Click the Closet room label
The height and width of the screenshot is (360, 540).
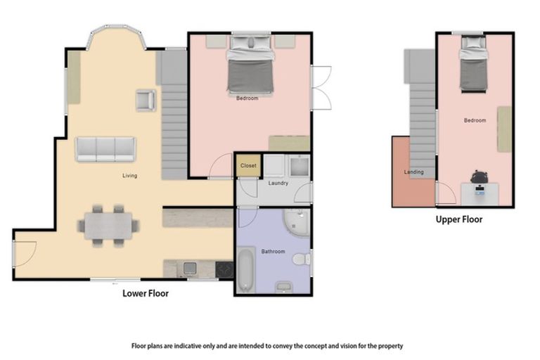[x=248, y=167]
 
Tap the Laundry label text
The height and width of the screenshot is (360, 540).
[x=278, y=184]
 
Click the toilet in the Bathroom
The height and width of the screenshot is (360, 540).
[x=301, y=259]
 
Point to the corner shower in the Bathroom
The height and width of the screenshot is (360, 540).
[x=297, y=222]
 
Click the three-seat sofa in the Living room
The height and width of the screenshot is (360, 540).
[x=106, y=148]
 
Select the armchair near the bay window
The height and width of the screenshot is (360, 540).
[x=146, y=101]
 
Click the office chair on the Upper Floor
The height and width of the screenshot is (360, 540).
[x=480, y=176]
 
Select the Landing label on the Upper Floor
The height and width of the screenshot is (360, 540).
[x=413, y=172]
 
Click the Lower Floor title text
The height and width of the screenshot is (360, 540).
[x=146, y=293]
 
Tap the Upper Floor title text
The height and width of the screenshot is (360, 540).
[x=458, y=219]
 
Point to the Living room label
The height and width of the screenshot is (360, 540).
[x=129, y=176]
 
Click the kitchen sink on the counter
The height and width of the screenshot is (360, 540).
[x=188, y=268]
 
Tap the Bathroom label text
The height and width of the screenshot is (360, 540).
[x=272, y=250]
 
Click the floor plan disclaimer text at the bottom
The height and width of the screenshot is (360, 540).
[x=267, y=346]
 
